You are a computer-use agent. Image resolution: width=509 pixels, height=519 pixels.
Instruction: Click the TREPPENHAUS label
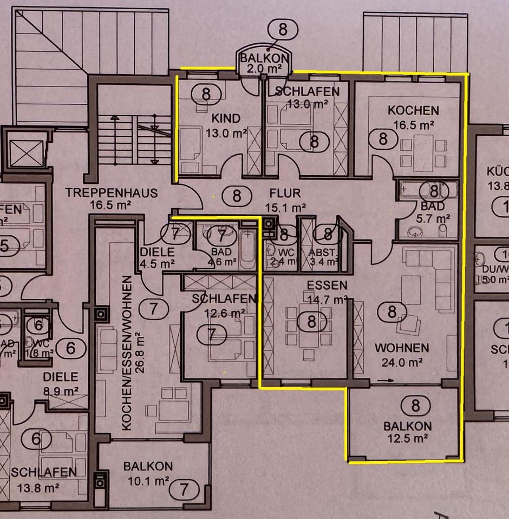(112, 192)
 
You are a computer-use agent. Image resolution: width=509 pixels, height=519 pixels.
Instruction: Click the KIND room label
(226, 118)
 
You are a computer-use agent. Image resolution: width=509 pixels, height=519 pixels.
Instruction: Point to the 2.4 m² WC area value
(281, 262)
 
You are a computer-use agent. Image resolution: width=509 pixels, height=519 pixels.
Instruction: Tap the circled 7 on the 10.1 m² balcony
(184, 490)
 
